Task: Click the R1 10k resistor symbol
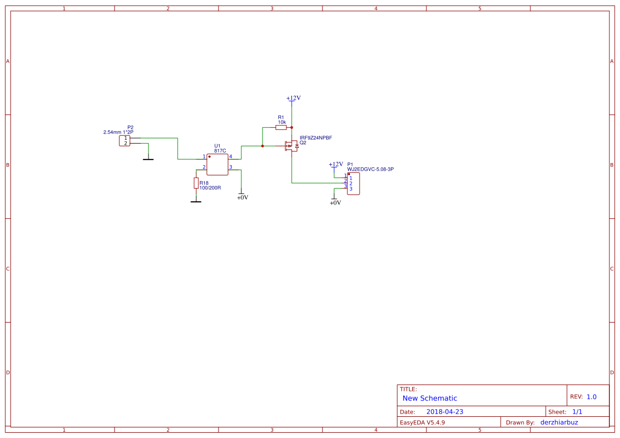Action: click(x=281, y=127)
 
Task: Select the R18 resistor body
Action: click(x=196, y=183)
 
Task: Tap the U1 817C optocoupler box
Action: click(x=217, y=164)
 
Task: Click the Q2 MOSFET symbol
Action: click(x=292, y=146)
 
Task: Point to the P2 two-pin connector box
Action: click(x=125, y=140)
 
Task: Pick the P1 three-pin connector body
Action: click(x=354, y=183)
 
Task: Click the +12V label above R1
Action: click(x=293, y=98)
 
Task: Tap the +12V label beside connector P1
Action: click(x=336, y=164)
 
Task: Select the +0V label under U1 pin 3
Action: click(x=242, y=198)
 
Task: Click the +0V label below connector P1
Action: click(x=335, y=203)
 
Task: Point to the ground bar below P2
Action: click(x=149, y=159)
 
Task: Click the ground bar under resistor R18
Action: click(x=196, y=202)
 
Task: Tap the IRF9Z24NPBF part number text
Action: click(x=316, y=138)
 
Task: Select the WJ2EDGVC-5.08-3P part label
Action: click(x=371, y=169)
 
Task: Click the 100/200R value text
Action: click(x=210, y=187)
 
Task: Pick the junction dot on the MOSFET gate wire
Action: click(x=263, y=146)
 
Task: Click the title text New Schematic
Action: click(x=430, y=398)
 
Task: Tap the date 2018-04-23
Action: click(x=444, y=412)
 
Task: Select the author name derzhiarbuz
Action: click(x=559, y=422)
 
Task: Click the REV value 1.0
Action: click(x=591, y=397)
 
